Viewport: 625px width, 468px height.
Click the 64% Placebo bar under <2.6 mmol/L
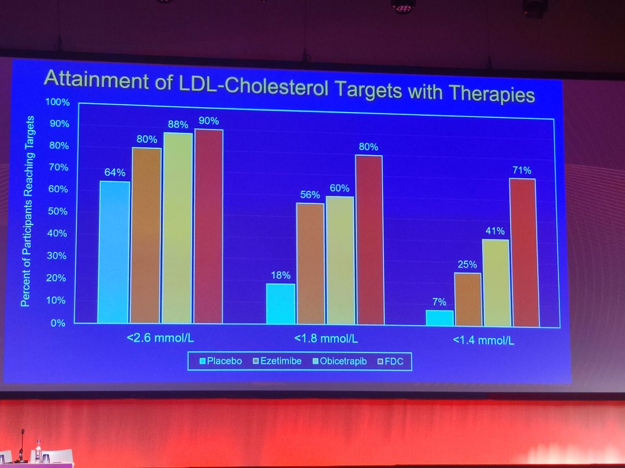coord(114,252)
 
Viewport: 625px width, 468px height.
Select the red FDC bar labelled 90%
coord(208,226)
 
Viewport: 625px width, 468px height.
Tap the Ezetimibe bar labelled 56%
coord(310,263)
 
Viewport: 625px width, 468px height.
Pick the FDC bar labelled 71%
coord(522,253)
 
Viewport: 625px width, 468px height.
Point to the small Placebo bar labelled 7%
coord(440,318)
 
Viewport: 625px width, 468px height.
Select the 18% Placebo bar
coord(281,303)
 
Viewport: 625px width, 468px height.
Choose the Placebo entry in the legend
coord(220,361)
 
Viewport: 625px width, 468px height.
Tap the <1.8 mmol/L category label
coord(326,339)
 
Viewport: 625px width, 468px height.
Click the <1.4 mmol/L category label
coord(483,341)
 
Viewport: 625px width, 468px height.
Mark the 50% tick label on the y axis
coord(59,211)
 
